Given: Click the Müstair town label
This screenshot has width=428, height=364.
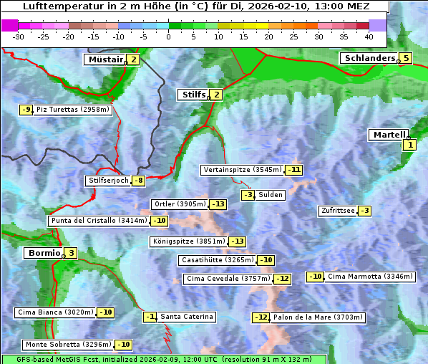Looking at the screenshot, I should (x=105, y=59).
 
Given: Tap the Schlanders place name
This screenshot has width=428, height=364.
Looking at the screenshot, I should (x=369, y=58).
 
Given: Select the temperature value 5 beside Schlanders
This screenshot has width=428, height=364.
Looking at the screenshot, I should (x=406, y=59).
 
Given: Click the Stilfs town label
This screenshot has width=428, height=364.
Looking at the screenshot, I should (x=192, y=95).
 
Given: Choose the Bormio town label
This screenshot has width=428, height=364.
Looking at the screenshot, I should (x=43, y=253).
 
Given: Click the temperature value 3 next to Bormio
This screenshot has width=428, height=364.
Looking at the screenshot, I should (x=71, y=253).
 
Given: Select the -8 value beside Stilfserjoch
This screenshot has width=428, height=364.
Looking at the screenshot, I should (x=139, y=181).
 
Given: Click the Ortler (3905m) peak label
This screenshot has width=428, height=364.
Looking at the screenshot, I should (x=180, y=204).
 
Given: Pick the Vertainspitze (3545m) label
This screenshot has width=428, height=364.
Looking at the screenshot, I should (x=242, y=170).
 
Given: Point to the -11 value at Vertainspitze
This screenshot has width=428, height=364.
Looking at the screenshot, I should (x=293, y=170).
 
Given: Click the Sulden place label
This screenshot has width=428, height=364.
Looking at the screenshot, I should (x=271, y=195).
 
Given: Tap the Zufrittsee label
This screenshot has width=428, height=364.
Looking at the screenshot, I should (x=338, y=211).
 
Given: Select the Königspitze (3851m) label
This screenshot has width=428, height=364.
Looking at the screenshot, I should (x=188, y=241).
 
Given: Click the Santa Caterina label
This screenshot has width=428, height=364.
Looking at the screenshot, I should (x=187, y=317).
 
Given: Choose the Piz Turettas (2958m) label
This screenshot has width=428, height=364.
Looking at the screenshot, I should (x=73, y=110).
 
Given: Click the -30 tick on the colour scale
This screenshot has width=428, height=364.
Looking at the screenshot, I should (x=19, y=36).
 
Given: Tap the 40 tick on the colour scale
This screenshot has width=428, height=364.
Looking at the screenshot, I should (x=369, y=36).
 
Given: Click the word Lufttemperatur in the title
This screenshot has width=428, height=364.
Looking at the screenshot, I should (x=59, y=6).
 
